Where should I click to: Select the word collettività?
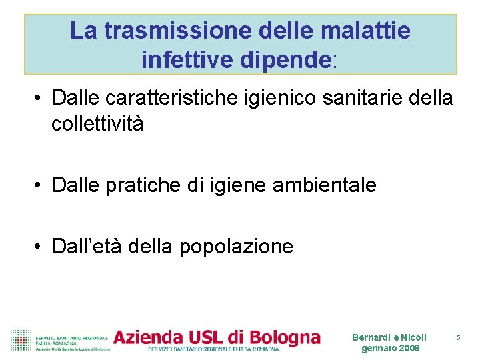click(x=97, y=124)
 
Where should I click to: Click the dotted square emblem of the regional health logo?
click(x=21, y=340)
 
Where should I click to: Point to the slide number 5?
click(x=458, y=338)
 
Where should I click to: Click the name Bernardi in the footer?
click(x=371, y=337)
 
